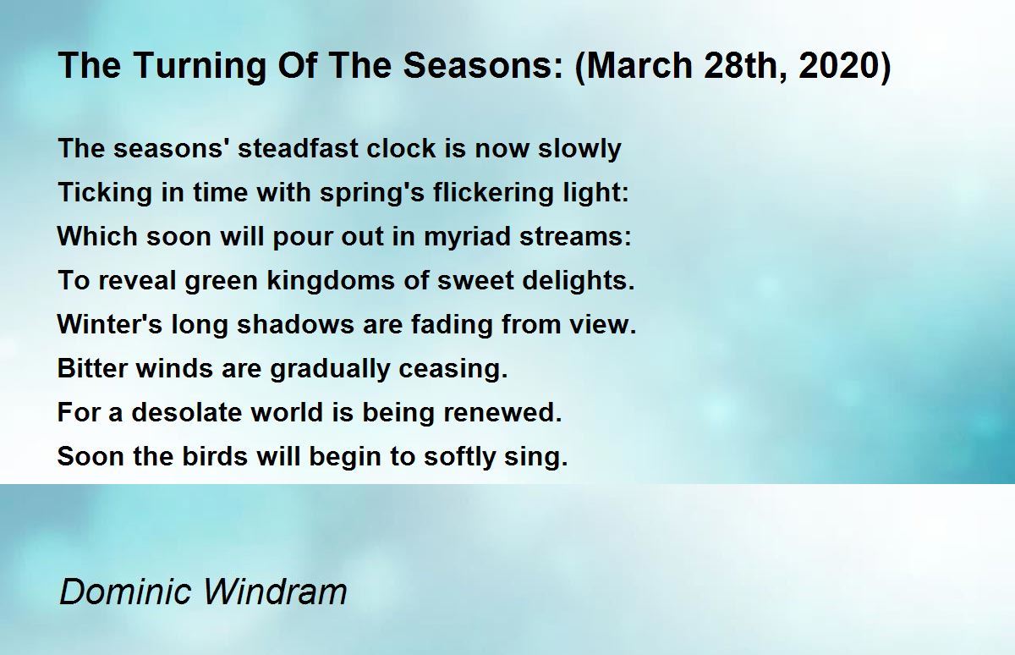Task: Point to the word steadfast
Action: pos(298,148)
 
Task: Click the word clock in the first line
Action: pos(401,148)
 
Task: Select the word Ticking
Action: pos(105,193)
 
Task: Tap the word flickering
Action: pos(493,193)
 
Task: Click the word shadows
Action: pos(295,325)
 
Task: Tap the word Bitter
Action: pos(92,368)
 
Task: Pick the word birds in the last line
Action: pos(215,456)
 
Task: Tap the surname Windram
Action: pos(275,592)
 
